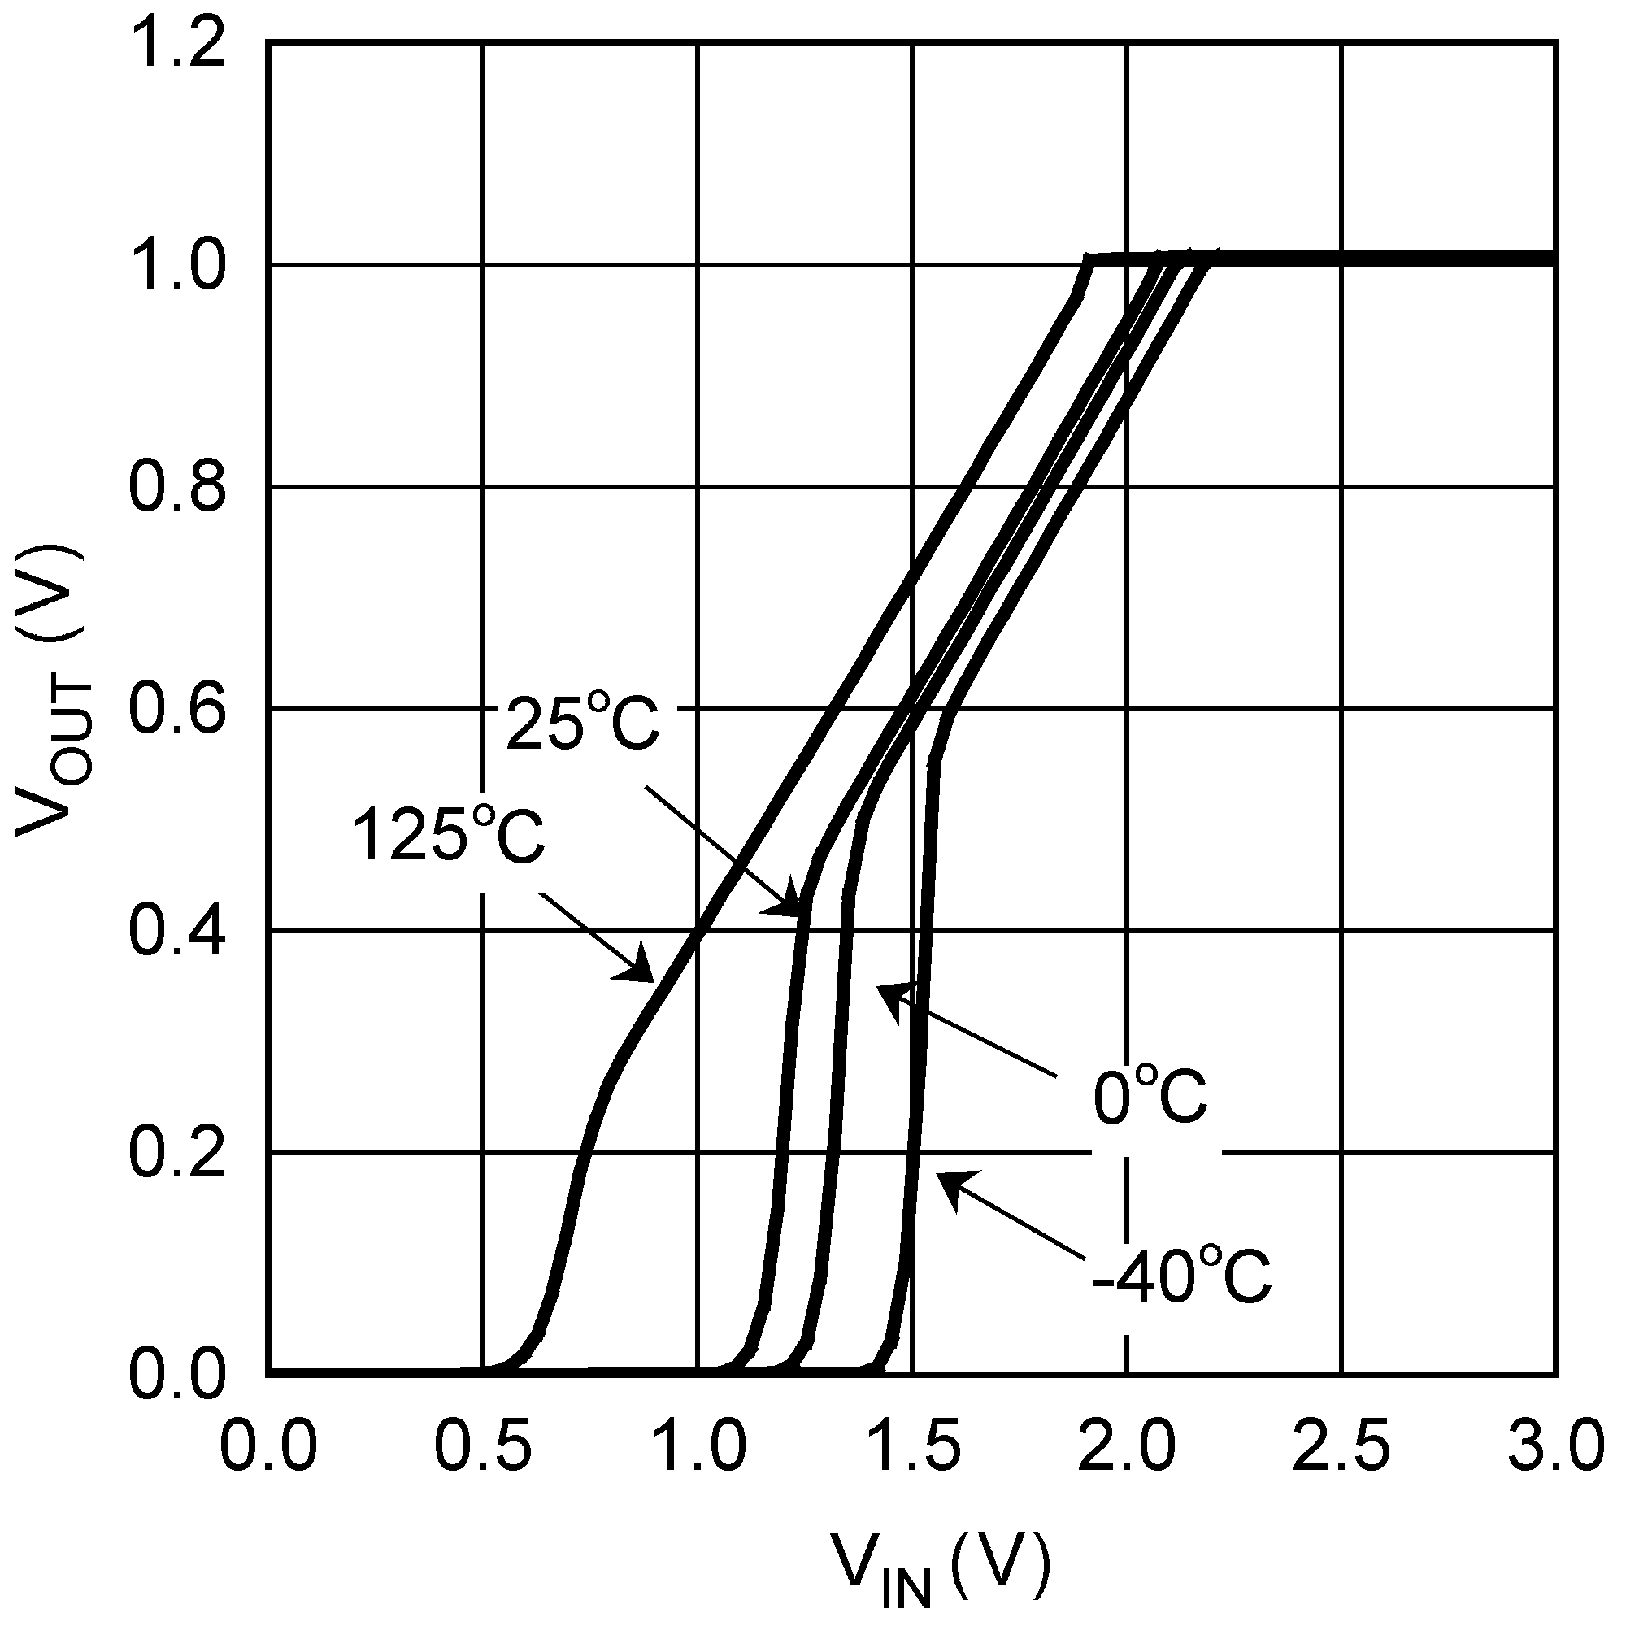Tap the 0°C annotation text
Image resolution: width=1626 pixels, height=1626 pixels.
(1150, 1097)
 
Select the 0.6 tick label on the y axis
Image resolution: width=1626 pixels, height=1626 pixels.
(177, 709)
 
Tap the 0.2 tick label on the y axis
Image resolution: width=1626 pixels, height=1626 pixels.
(177, 1152)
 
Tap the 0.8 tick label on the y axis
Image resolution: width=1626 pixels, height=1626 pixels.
(177, 487)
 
